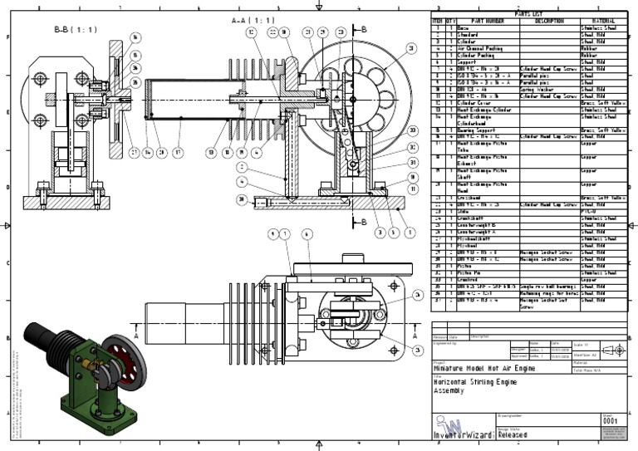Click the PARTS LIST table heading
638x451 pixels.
[528, 14]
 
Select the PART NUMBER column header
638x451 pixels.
[488, 21]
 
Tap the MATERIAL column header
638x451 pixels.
[603, 21]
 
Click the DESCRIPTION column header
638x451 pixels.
[549, 21]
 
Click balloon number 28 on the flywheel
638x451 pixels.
[411, 50]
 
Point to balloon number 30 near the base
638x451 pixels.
[241, 199]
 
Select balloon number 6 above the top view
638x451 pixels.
[307, 234]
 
